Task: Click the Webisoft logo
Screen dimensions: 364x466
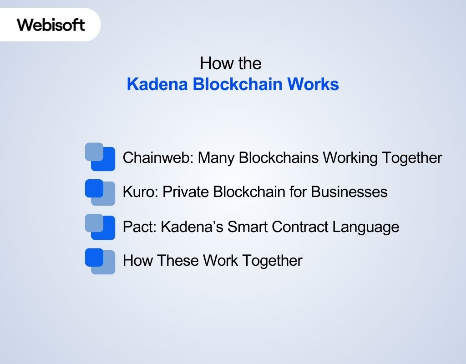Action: tap(51, 24)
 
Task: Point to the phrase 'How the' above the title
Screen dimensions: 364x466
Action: tap(230, 63)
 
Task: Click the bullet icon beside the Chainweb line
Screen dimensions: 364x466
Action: tap(100, 157)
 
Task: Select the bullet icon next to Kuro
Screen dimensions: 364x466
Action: tap(100, 192)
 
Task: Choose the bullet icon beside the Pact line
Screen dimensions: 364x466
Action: tap(100, 227)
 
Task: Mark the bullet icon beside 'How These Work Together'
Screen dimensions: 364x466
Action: tap(100, 261)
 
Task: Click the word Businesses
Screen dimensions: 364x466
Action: tap(349, 192)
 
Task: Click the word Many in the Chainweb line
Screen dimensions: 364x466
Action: tap(217, 158)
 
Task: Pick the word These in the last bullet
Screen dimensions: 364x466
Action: tap(178, 261)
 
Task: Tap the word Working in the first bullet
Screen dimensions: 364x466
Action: tap(350, 158)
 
